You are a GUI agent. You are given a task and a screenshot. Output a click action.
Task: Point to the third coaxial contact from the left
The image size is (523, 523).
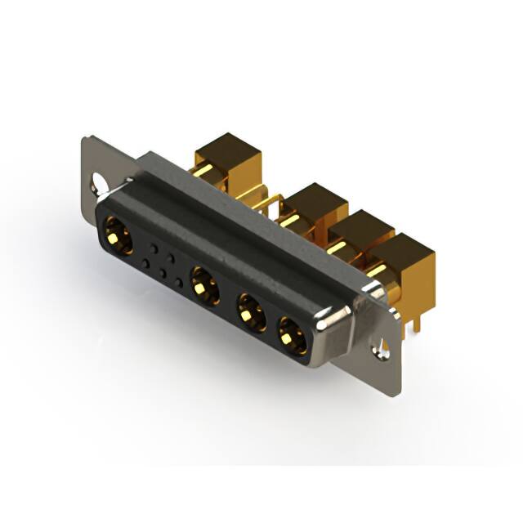tap(250, 311)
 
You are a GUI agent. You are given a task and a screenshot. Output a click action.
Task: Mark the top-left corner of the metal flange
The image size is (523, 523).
tap(89, 139)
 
